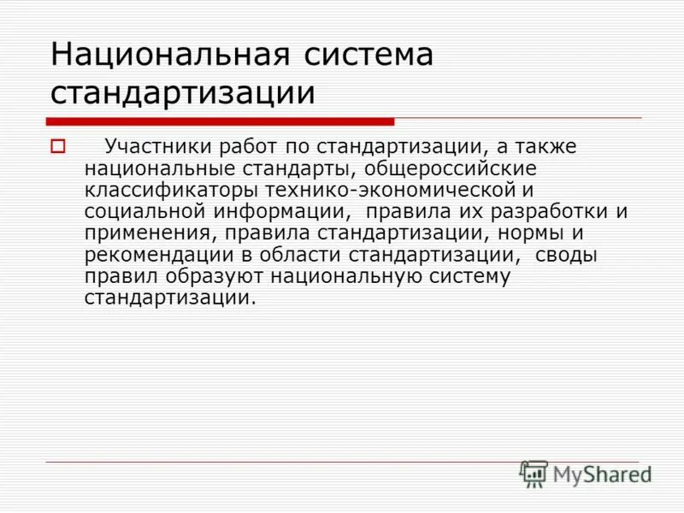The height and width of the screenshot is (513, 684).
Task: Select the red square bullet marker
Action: (x=58, y=146)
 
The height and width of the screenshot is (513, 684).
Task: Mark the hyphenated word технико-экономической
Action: (x=382, y=189)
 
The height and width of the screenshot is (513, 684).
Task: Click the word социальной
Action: (x=138, y=210)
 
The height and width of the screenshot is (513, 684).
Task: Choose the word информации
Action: (x=274, y=210)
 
